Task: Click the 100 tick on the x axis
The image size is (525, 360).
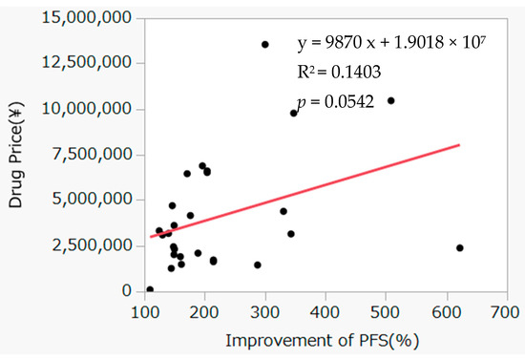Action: [145, 311]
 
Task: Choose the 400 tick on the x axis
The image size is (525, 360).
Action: [326, 311]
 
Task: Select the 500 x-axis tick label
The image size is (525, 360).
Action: [387, 311]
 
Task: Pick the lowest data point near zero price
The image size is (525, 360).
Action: [150, 289]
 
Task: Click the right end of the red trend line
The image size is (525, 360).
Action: [459, 145]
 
